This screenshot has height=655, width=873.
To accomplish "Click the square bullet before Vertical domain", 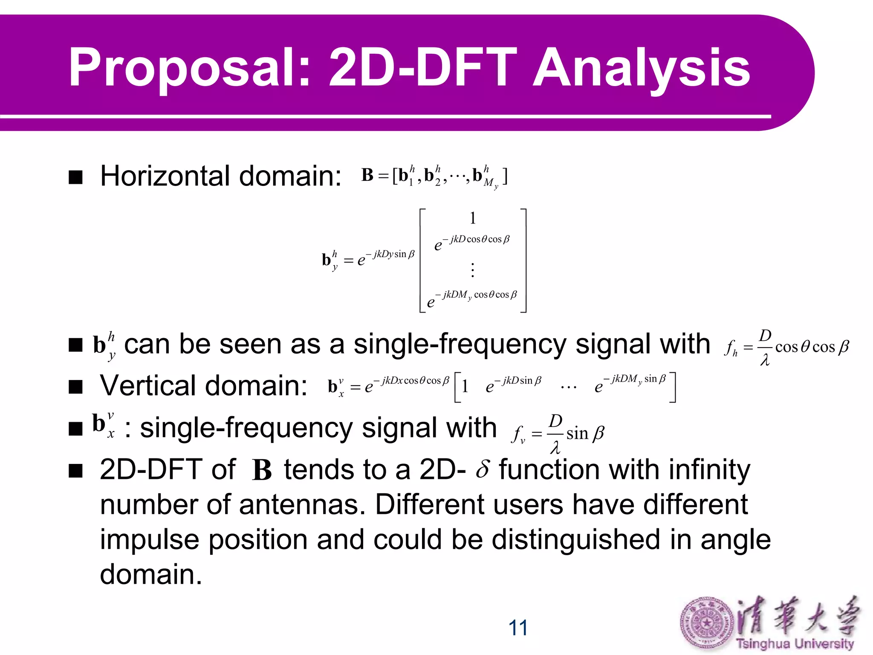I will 75,387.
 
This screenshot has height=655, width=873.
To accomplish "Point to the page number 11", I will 517,628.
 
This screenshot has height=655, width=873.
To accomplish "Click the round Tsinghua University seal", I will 706,623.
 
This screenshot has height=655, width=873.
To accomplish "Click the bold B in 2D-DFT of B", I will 261,471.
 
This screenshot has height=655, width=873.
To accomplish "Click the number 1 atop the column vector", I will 472,218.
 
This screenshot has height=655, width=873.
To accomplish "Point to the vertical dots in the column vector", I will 472,270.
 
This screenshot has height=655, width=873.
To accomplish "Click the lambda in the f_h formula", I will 765,361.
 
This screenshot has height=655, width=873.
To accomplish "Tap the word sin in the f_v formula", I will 577,434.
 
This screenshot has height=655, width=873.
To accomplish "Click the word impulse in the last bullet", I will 149,540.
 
